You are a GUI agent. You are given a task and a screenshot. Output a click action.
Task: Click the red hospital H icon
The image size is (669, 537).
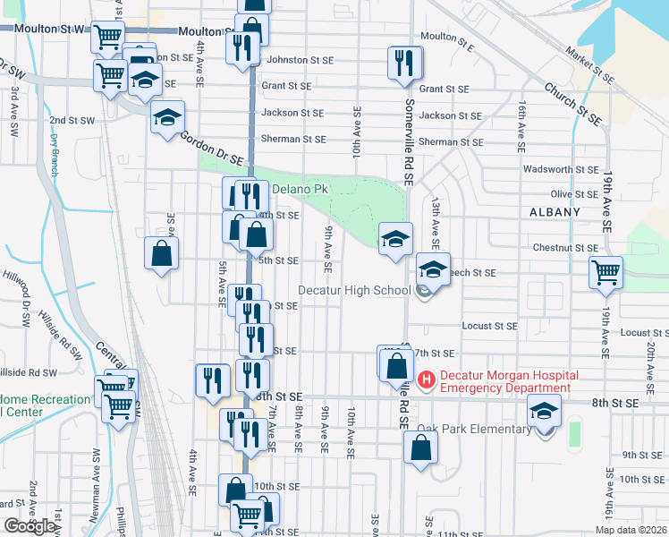click(426, 381)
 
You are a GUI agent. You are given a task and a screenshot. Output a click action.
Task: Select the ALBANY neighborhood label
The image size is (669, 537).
click(555, 212)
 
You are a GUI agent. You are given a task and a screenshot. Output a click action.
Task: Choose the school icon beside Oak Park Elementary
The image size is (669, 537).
click(543, 413)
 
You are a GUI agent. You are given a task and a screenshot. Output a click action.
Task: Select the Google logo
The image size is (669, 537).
click(30, 526)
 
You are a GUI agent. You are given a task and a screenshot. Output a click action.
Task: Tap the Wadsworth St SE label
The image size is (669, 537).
click(561, 169)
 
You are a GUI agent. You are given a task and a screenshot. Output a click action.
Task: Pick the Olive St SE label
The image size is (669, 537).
click(574, 194)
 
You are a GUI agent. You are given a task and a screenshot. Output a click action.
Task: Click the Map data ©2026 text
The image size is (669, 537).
click(631, 530)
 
